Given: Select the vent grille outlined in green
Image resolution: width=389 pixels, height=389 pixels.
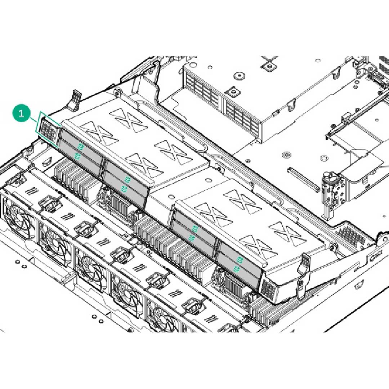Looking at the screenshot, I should coord(49,129).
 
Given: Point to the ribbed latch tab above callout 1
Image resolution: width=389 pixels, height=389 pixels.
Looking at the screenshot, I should coord(74,100).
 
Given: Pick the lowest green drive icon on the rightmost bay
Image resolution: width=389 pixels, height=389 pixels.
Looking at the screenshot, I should coord(237,268).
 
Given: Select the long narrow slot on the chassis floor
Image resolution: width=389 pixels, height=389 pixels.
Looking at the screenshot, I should coord(303,179).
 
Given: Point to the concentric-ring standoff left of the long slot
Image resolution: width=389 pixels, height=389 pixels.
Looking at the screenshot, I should coord(286,155).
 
